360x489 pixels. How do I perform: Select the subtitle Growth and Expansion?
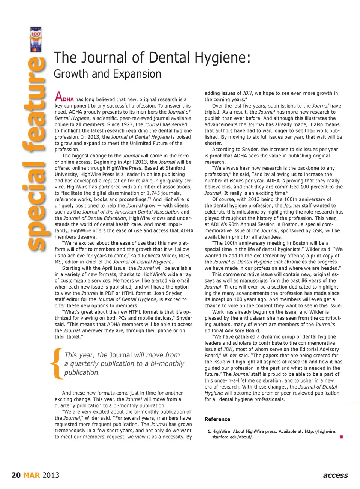107,74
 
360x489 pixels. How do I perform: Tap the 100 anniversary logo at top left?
36,39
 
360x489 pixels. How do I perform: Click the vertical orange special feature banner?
36,154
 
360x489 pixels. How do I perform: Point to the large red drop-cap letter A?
58,97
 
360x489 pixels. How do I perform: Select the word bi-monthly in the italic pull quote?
166,364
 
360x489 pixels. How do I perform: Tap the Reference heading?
217,419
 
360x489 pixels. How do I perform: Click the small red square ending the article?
341,437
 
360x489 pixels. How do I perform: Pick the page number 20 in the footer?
16,475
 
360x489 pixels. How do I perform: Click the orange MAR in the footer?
31,475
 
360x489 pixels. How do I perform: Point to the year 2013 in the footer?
51,475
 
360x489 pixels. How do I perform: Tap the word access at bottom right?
335,475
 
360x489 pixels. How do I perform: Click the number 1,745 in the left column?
154,193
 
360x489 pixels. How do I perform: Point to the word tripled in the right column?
213,112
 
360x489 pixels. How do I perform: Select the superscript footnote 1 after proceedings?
150,199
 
